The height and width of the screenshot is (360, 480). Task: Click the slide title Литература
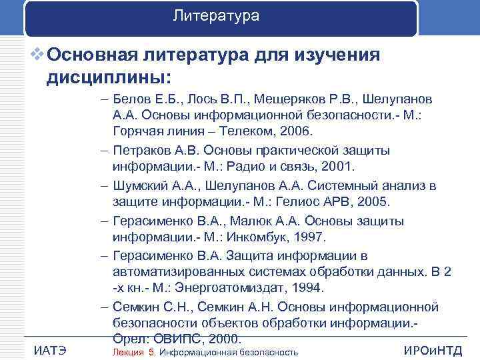pyautogui.click(x=215, y=15)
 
